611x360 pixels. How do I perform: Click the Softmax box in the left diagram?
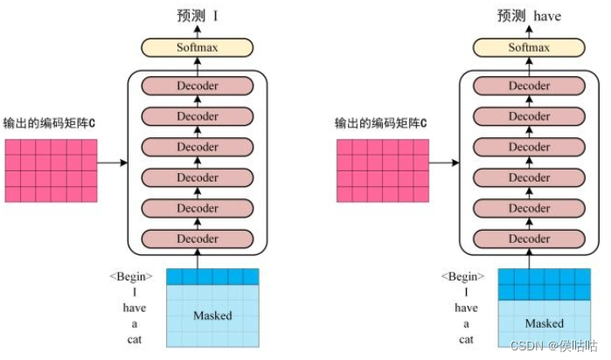(x=198, y=48)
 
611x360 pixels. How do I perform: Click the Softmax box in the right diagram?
(x=530, y=48)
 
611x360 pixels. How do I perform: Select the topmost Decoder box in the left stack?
(x=198, y=86)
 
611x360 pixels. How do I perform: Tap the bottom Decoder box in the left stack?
(x=198, y=239)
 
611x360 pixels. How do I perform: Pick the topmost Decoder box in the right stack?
(x=530, y=86)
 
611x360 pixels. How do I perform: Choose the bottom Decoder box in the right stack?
(x=530, y=239)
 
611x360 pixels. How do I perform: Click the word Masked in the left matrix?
(x=212, y=315)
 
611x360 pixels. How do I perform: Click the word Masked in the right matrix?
(x=544, y=323)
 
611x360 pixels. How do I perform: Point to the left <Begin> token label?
(x=131, y=276)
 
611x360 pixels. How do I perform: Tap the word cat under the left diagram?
(x=134, y=339)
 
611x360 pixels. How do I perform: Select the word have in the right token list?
(x=466, y=308)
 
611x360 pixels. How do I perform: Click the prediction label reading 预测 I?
(x=198, y=15)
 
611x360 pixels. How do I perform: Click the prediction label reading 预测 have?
(x=529, y=15)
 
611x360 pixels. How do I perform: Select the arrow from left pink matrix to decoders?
(x=112, y=163)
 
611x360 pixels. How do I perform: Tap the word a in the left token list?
(x=134, y=323)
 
